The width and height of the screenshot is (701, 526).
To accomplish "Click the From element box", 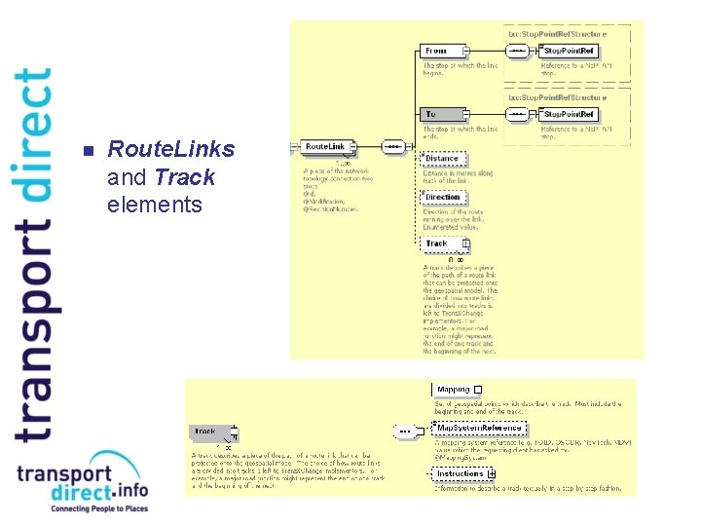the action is (x=440, y=51).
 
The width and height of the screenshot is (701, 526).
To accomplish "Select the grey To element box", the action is (x=440, y=115).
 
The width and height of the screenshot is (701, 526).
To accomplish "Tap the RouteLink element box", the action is (x=323, y=147).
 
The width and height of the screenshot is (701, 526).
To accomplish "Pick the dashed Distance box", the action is (x=443, y=158).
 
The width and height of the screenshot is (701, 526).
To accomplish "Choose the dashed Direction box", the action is (x=443, y=197).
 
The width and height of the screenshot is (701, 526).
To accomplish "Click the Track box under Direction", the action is (x=441, y=244).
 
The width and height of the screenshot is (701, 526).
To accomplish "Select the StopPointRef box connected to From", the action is (x=570, y=51).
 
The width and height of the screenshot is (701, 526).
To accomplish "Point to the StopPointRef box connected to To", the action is (x=570, y=115).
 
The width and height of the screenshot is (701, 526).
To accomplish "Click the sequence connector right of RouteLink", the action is (x=392, y=147).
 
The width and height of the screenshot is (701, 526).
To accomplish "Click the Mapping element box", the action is (x=454, y=390).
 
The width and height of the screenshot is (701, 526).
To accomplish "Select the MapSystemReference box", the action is (x=479, y=429).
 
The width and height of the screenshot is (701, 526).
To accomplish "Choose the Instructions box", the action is (x=461, y=473).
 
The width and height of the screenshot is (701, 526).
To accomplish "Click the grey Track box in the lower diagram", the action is (x=210, y=431).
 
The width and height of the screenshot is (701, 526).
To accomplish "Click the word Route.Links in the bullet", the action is (x=171, y=149).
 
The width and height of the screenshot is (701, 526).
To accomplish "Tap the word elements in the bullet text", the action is (x=140, y=205).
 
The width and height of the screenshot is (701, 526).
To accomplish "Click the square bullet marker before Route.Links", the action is (x=86, y=151).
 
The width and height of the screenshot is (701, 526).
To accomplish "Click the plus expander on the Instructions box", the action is (x=492, y=473).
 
